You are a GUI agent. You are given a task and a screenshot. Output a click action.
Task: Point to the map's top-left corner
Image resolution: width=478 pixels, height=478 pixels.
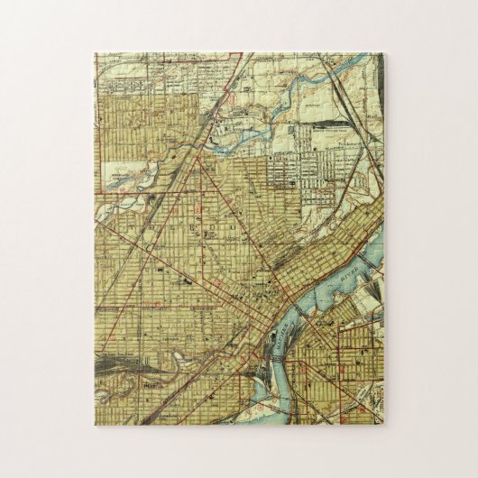coord(96,53)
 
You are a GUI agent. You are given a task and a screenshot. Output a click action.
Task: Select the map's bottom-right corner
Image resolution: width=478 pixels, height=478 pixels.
coord(382,424)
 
